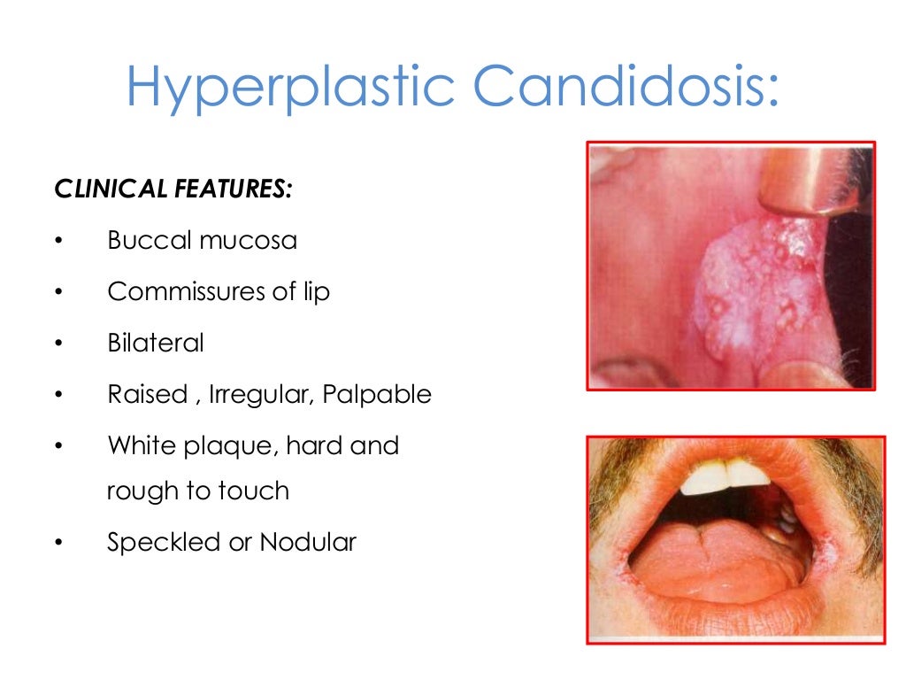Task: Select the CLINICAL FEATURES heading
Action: tap(173, 189)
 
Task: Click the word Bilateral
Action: tap(156, 343)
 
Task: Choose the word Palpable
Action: tap(377, 394)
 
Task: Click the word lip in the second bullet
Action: tap(316, 292)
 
